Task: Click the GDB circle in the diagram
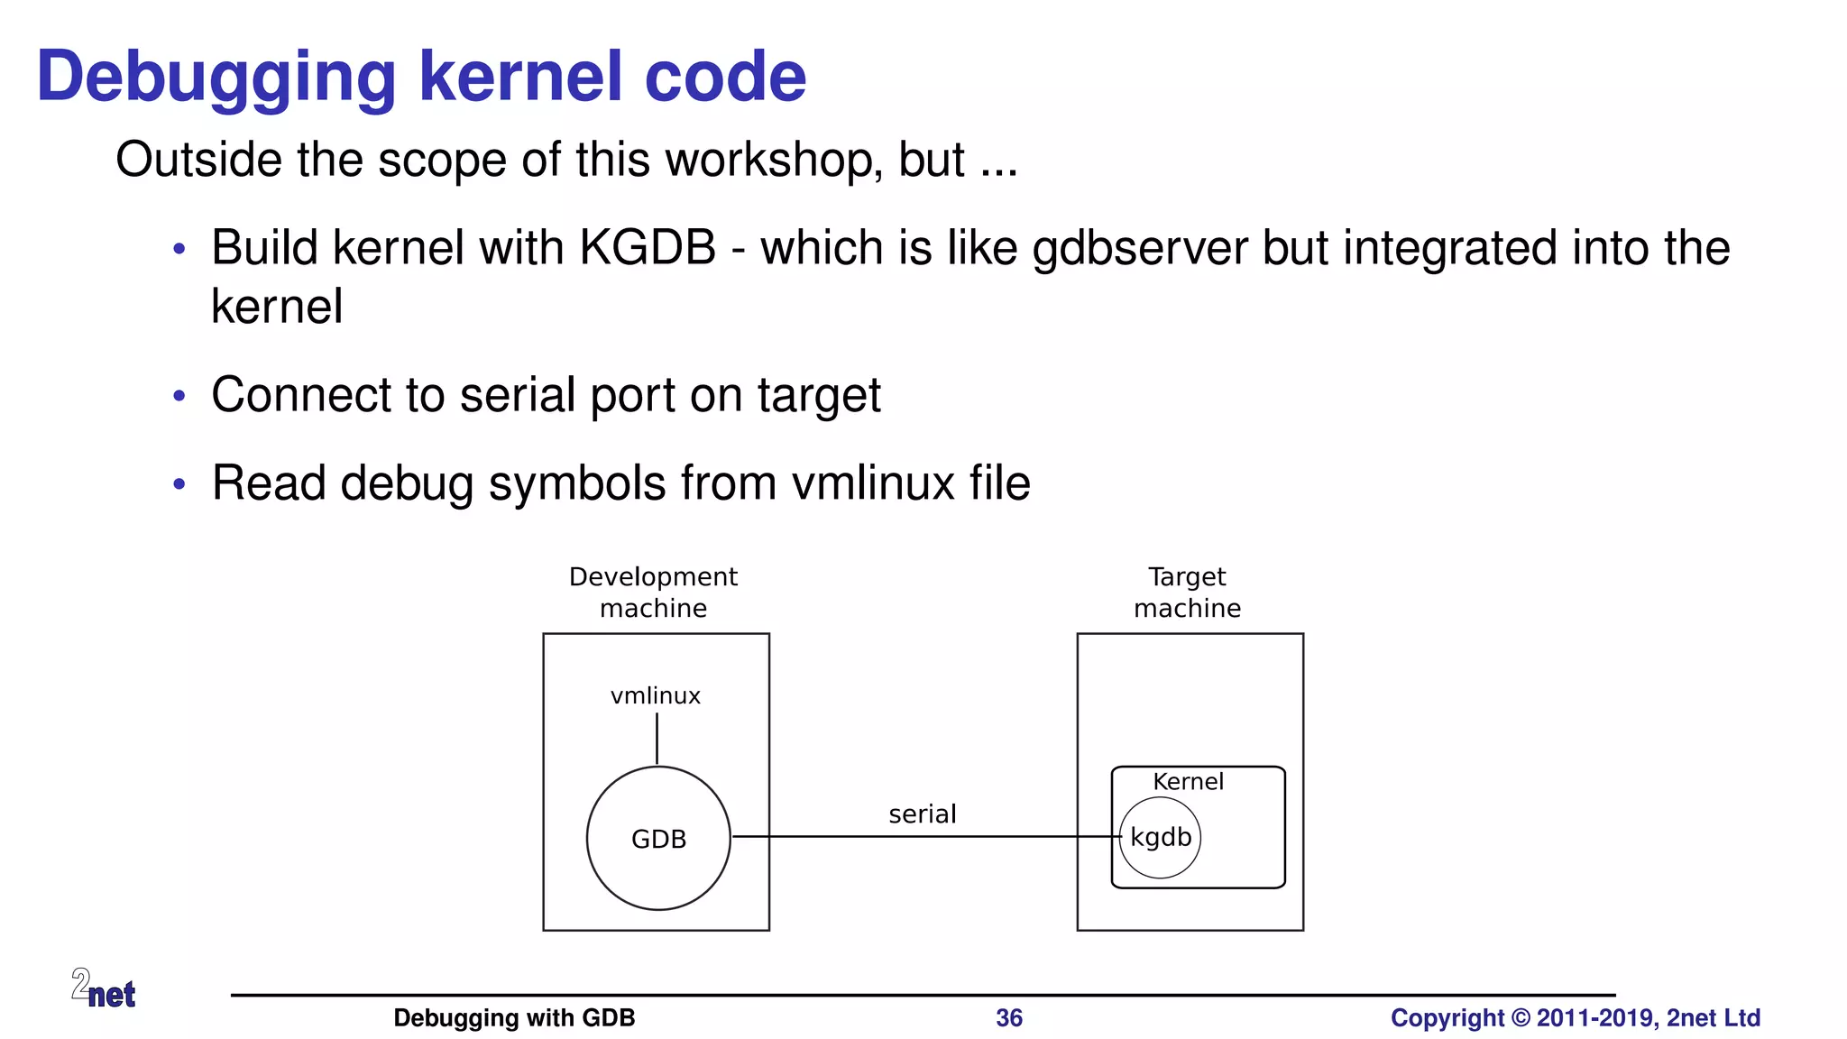658,838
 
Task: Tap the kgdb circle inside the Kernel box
1161,838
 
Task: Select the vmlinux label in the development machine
656,695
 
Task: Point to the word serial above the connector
922,814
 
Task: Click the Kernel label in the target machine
1188,781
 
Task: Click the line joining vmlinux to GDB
657,739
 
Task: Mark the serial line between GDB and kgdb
920,836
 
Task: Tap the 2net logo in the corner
104,988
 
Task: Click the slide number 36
1009,1018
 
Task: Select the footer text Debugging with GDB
514,1018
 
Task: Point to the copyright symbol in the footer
1521,1018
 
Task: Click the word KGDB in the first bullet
648,248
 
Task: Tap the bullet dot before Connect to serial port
179,396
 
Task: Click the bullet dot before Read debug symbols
179,484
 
